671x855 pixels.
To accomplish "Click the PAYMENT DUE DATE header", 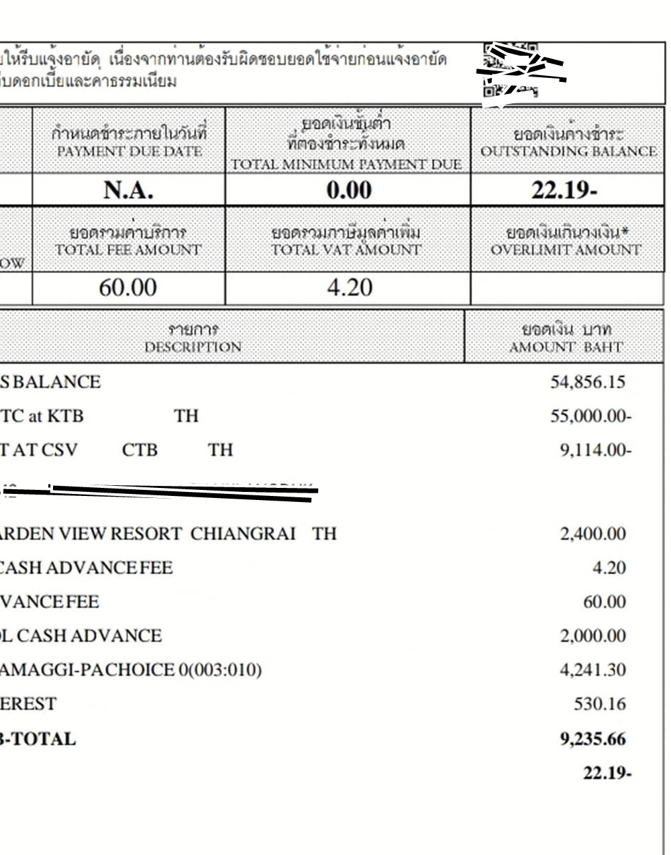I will coord(129,151).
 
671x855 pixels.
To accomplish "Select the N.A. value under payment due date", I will coord(128,190).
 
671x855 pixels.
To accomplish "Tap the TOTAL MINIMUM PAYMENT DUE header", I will coord(347,164).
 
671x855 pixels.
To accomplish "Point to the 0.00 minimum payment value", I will coord(348,190).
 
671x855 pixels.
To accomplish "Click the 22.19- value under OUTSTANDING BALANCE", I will coord(564,190).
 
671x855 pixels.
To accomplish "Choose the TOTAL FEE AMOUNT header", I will coord(128,250).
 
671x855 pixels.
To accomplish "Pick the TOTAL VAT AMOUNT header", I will coord(346,250).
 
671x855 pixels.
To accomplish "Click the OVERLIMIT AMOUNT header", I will coord(566,250).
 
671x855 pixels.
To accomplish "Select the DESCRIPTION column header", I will coord(193,347).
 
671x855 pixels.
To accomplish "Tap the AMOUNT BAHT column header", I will coord(566,347).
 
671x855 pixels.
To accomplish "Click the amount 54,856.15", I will coord(588,382).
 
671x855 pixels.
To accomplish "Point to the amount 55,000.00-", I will coord(590,416).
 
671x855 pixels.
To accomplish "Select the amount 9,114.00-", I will coord(595,450).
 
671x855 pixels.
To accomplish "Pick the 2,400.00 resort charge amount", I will coord(593,534).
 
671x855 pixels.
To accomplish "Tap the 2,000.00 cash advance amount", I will coord(593,636).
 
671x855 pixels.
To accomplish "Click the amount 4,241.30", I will coord(593,670).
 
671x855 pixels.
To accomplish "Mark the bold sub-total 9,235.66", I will coord(592,739).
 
